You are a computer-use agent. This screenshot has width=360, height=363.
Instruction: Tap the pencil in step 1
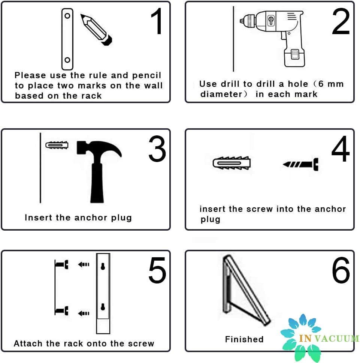pos(96,29)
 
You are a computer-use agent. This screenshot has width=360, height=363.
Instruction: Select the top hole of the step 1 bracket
pos(67,16)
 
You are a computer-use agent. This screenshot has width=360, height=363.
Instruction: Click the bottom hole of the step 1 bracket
pos(67,60)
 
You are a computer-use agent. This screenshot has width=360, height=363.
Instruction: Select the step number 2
pos(341,21)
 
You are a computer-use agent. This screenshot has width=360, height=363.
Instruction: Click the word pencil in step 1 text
pos(146,75)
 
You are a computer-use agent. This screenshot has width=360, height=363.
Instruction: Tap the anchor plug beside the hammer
pos(57,145)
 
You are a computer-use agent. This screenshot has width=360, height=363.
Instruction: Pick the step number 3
pos(157,148)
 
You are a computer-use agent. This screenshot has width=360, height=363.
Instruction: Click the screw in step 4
pos(300,164)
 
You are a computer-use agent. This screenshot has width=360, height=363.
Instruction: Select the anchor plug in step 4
pos(232,163)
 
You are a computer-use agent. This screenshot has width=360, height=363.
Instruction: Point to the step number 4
pos(341,148)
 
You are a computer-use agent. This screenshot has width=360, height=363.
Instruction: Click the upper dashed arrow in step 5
pos(84,264)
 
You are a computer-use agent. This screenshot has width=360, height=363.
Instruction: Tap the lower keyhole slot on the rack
pos(103,307)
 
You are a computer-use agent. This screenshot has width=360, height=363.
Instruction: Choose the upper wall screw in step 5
pos(62,264)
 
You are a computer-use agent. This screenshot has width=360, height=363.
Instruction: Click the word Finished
pos(244,339)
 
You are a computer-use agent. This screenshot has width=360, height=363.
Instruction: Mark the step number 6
pos(341,270)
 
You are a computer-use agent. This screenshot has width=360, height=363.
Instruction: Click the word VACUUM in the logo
pos(337,339)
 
